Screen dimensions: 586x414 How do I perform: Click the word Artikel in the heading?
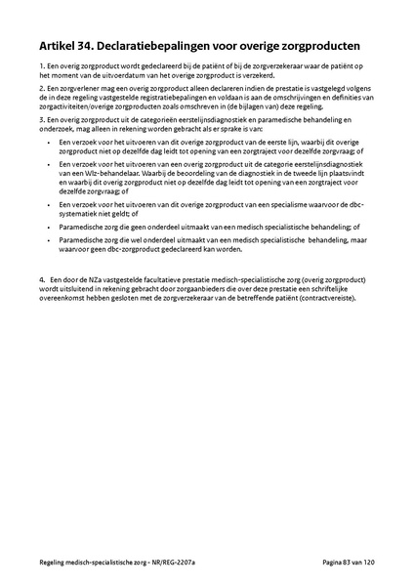click(60, 45)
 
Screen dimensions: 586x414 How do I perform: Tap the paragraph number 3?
click(41, 120)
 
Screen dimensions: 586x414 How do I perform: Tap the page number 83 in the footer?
click(346, 565)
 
